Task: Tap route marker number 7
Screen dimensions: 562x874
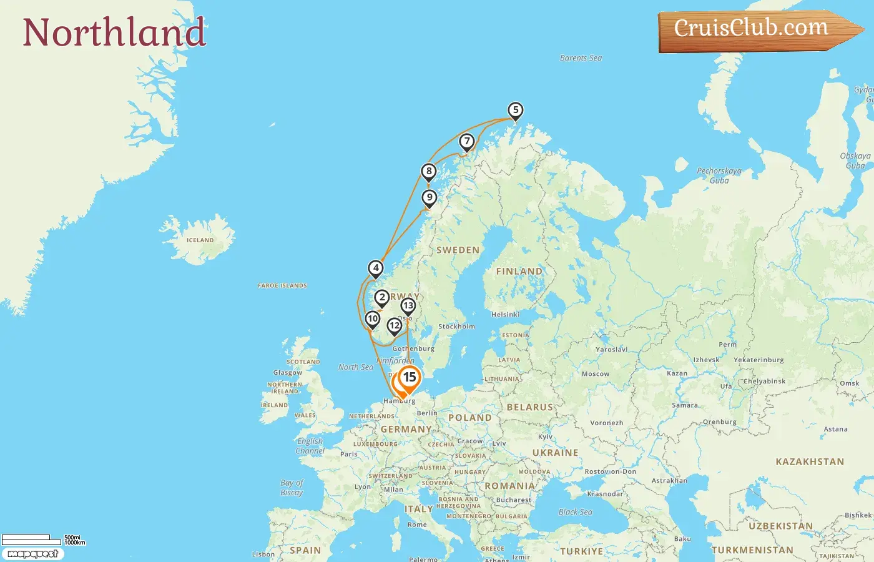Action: click(466, 142)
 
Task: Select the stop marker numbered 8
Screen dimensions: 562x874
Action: click(428, 172)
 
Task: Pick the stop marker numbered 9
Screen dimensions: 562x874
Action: click(429, 198)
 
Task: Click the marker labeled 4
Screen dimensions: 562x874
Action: click(375, 269)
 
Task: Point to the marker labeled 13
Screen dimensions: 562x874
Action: click(408, 306)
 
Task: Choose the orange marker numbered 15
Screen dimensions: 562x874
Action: click(410, 377)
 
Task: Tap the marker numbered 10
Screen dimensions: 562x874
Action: click(373, 319)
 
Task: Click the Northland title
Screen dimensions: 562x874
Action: click(114, 32)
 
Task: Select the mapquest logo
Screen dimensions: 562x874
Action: click(32, 554)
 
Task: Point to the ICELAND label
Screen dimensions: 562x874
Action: click(200, 240)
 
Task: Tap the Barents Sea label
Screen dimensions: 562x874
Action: click(581, 58)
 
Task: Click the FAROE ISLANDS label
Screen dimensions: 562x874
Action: click(282, 286)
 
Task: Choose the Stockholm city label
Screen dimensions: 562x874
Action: click(456, 327)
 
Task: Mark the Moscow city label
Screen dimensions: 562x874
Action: click(595, 374)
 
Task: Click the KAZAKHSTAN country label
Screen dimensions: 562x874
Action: click(809, 462)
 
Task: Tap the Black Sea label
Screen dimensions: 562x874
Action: click(575, 512)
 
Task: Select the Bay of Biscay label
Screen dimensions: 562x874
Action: click(292, 488)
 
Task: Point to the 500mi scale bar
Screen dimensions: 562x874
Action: click(26, 538)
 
